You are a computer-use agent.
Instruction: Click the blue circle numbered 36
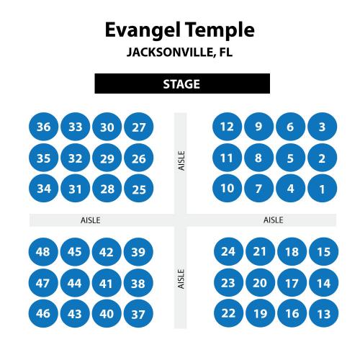coord(43,127)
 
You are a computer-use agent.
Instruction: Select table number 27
coord(139,127)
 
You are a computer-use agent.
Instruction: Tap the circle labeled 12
coord(227,127)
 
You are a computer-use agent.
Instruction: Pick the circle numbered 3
coord(323,127)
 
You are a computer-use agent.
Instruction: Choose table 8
coord(258,158)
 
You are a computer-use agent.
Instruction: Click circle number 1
coord(323,189)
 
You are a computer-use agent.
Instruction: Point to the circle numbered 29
coord(107,158)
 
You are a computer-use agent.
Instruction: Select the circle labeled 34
coord(43,189)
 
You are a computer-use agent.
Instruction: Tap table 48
coord(43,252)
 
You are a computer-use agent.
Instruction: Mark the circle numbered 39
coord(138,252)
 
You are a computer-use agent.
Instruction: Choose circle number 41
coord(107,283)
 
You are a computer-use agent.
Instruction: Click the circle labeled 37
coord(138,313)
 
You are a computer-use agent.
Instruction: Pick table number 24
coord(228,251)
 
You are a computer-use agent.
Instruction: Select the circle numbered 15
coord(324,251)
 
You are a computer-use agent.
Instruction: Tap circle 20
coord(261,283)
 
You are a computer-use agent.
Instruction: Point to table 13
coord(324,313)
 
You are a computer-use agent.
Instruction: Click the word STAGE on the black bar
coord(181,84)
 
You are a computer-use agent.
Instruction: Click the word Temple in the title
coord(220,30)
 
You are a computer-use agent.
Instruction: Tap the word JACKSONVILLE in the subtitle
coord(171,52)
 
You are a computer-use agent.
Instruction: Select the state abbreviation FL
coord(226,52)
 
